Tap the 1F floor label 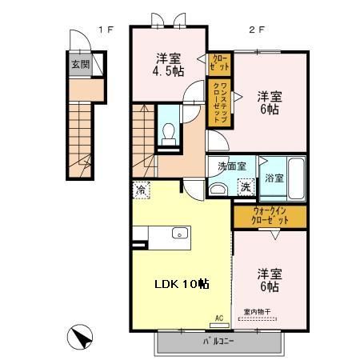click(x=106, y=30)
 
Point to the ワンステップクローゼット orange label click(x=219, y=102)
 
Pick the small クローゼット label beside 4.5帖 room click(x=219, y=62)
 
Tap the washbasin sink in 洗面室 click(x=217, y=188)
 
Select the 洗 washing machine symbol click(x=246, y=186)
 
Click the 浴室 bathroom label click(x=274, y=178)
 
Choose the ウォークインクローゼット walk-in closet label click(x=270, y=215)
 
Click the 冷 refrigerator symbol click(x=141, y=191)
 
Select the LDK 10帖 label click(x=182, y=284)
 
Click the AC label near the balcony click(x=218, y=318)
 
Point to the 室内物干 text click(x=257, y=313)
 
